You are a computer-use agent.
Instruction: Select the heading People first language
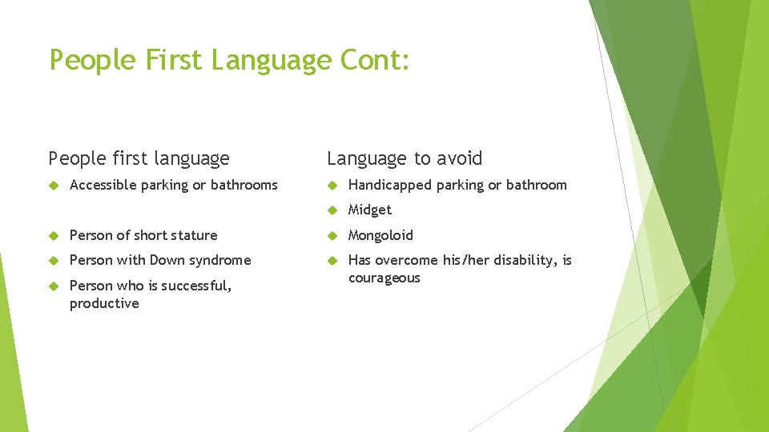coord(139,159)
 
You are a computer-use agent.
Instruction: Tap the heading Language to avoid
coord(405,158)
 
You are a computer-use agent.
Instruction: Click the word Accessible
coord(103,186)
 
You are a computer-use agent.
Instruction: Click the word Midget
coord(369,210)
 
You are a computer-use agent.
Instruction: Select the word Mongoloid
coord(380,236)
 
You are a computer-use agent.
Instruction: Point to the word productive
coord(104,304)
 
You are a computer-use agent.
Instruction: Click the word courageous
coord(384,278)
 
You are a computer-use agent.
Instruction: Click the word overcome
coord(405,261)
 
